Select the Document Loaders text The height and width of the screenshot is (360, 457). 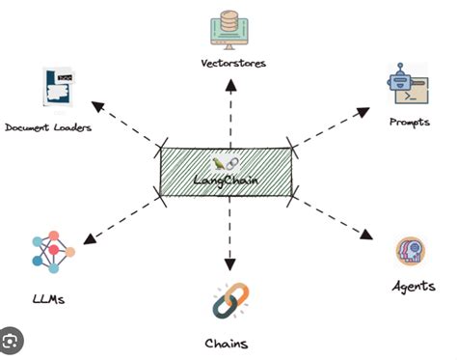(48, 127)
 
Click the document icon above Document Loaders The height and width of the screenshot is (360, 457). (57, 89)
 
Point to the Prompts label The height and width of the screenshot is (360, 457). (409, 123)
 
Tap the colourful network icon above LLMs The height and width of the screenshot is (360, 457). (53, 254)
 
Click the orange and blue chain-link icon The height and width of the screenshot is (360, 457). (228, 299)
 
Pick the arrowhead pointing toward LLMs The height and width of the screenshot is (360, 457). (89, 238)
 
